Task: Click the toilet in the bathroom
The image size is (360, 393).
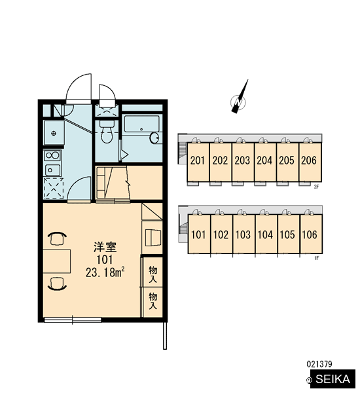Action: (x=106, y=132)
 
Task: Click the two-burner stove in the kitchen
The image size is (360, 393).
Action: (x=52, y=155)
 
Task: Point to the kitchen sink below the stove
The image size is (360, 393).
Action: (x=52, y=170)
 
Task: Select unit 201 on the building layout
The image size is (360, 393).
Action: (x=198, y=162)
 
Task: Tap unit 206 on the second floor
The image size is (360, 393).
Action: (x=310, y=162)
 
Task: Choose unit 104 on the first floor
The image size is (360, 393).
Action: (x=266, y=234)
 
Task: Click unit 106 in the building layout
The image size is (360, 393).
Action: (x=310, y=234)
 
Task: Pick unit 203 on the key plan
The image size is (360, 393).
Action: (x=242, y=162)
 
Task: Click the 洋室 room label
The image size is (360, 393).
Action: (x=105, y=247)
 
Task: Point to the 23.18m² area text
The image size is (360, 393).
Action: (x=105, y=272)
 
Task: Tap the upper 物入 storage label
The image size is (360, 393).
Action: (x=153, y=274)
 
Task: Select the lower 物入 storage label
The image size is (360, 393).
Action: (x=153, y=301)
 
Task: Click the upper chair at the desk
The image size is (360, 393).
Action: (x=57, y=238)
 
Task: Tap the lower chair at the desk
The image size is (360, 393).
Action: (x=57, y=284)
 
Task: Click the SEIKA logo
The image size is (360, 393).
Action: (x=333, y=379)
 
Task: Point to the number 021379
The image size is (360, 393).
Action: (x=319, y=364)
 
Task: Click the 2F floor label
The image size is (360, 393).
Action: (x=316, y=187)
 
